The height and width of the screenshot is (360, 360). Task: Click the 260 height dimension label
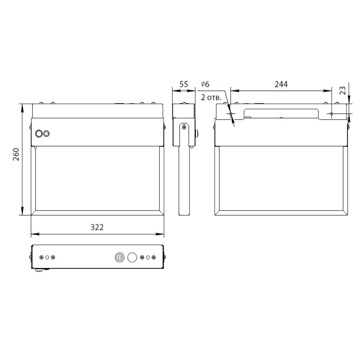click(x=16, y=154)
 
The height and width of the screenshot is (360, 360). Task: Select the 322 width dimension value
click(x=97, y=227)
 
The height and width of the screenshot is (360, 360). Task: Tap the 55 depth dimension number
click(x=184, y=84)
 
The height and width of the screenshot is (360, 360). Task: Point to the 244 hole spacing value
click(x=281, y=84)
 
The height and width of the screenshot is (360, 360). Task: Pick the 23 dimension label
click(x=342, y=90)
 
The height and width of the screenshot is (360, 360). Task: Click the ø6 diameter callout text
click(x=205, y=84)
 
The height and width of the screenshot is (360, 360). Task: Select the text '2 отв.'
click(x=211, y=97)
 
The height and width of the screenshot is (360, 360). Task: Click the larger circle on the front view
click(x=39, y=134)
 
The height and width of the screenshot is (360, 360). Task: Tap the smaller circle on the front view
click(x=46, y=134)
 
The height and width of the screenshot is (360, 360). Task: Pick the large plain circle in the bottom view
click(x=132, y=257)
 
